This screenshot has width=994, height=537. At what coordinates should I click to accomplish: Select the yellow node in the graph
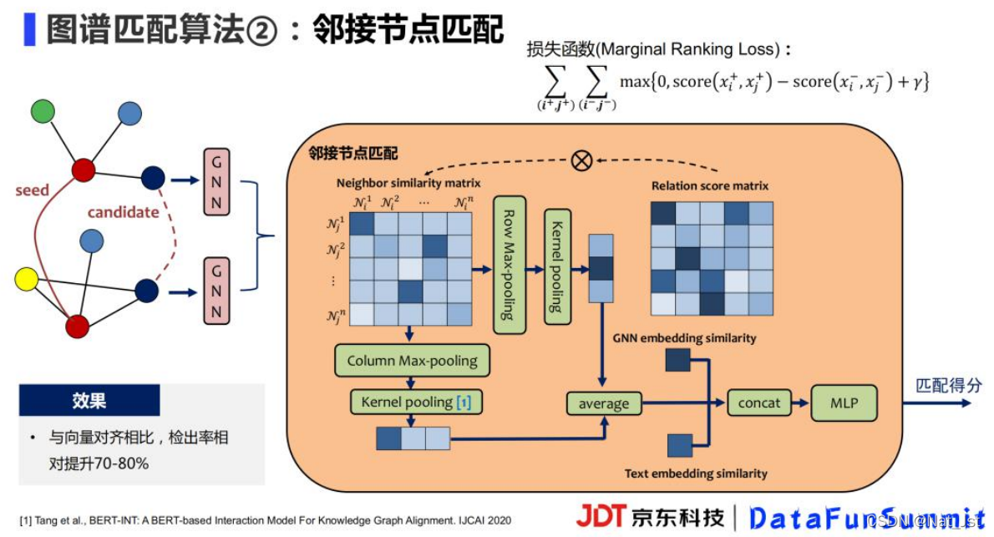27,279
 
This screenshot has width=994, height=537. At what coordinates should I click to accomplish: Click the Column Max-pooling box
412,361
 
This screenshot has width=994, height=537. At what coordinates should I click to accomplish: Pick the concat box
758,403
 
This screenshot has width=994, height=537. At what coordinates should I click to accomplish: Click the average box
604,404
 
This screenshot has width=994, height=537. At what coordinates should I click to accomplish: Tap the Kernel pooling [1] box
416,403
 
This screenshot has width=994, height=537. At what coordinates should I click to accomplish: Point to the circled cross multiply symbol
581,160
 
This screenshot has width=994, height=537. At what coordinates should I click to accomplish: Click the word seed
33,190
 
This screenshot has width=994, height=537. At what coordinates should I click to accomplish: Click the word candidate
123,212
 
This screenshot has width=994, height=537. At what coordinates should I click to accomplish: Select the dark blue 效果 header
89,401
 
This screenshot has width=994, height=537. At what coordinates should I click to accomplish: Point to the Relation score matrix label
710,185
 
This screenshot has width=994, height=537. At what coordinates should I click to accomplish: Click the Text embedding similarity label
696,474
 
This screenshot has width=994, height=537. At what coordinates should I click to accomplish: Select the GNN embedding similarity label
684,338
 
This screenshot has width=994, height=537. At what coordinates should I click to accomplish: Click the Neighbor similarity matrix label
408,183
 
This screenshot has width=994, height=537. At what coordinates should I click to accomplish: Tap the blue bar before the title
30,28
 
